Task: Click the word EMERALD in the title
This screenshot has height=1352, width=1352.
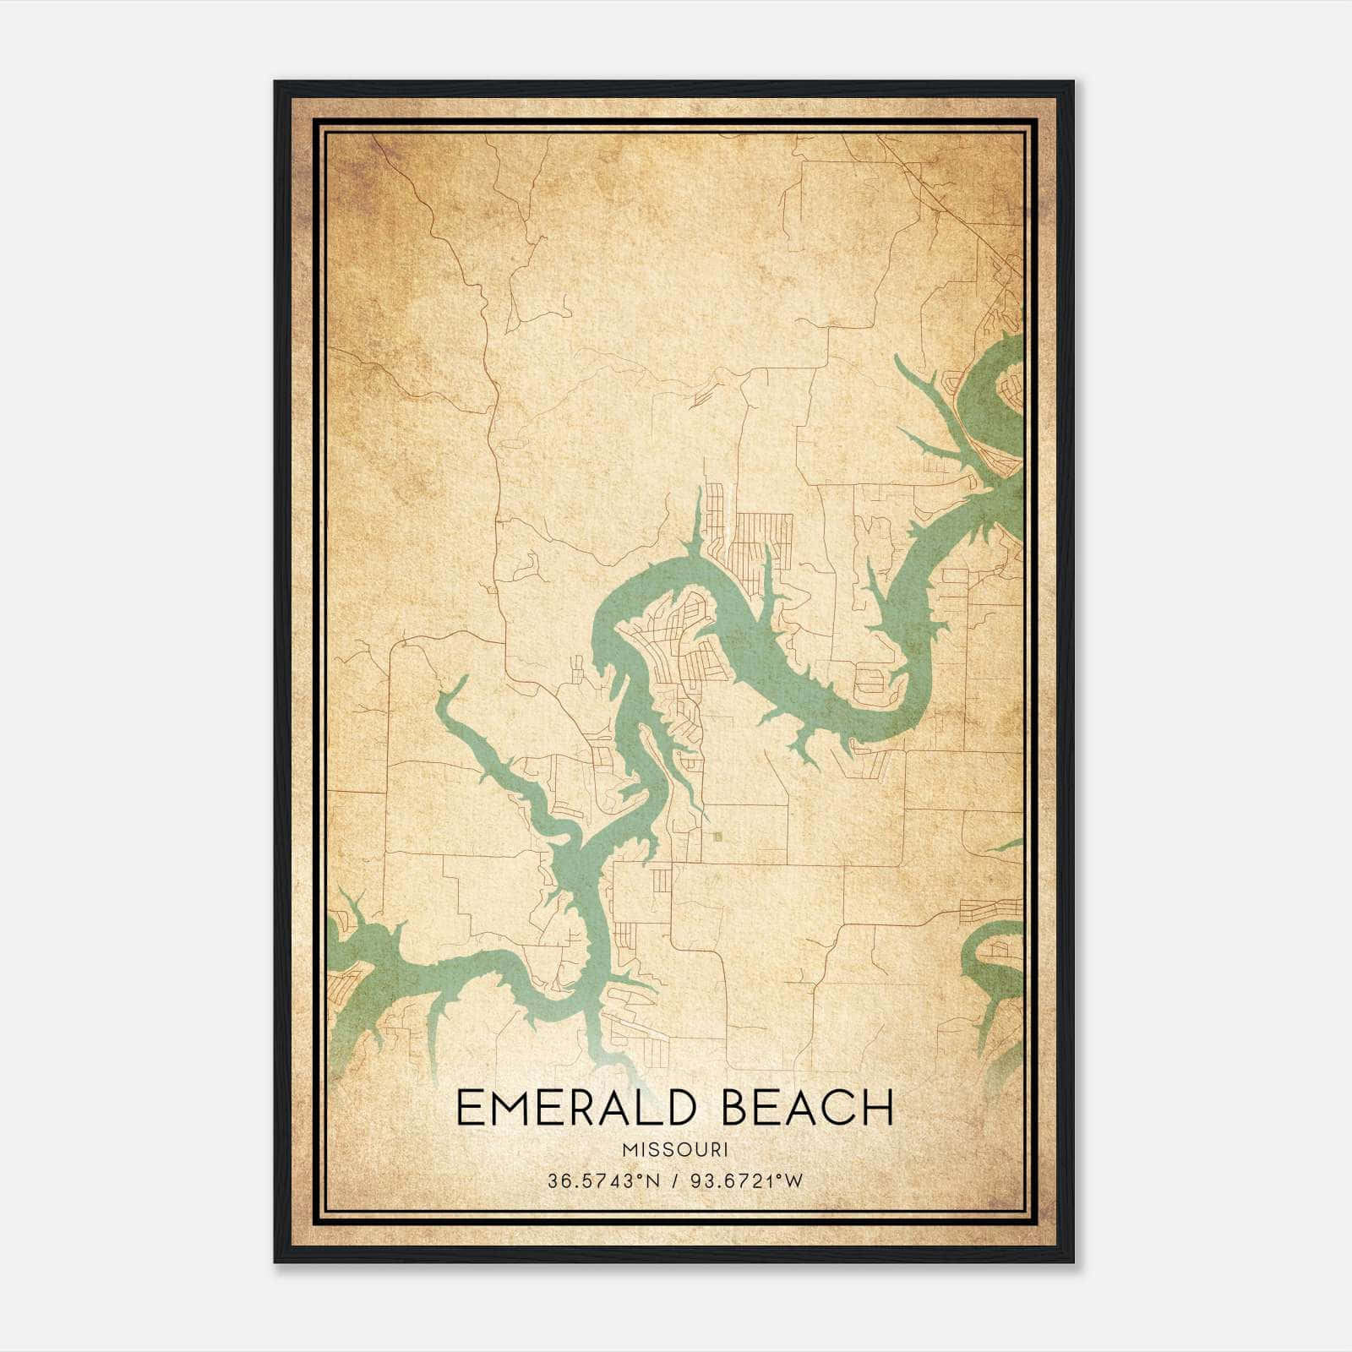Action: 582,1108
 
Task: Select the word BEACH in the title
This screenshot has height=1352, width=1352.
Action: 809,1108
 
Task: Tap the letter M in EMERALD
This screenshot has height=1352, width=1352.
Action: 512,1108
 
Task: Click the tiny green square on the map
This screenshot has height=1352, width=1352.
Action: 718,837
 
